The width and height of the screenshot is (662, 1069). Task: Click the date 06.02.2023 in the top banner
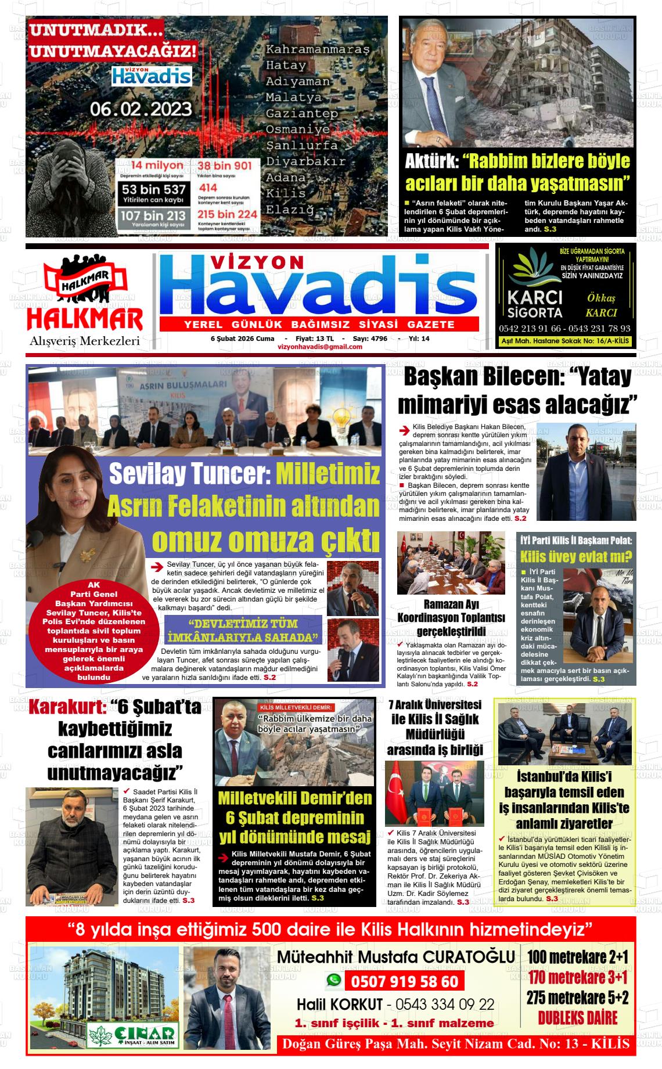[x=141, y=109]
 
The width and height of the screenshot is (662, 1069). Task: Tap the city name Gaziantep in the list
[x=301, y=113]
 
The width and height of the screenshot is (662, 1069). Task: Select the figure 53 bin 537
[x=154, y=189]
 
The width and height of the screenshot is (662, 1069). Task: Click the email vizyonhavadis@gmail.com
[x=319, y=347]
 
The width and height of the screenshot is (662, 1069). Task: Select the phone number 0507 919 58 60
[x=404, y=982]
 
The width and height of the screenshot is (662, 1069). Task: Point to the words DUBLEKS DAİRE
[x=577, y=1034]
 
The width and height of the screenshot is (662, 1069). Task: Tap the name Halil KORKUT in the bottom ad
[x=340, y=1004]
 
